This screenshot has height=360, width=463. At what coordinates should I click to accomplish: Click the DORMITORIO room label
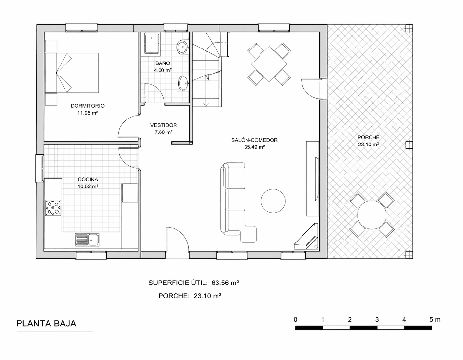pyautogui.click(x=87, y=106)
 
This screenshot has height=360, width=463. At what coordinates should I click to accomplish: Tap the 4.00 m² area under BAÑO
pyautogui.click(x=162, y=70)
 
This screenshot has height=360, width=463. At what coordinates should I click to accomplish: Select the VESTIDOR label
pyautogui.click(x=163, y=125)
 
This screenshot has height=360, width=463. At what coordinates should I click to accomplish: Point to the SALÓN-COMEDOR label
pyautogui.click(x=254, y=140)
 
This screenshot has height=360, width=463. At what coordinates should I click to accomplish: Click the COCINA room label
pyautogui.click(x=88, y=179)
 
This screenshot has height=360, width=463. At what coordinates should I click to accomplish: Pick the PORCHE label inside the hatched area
pyautogui.click(x=368, y=137)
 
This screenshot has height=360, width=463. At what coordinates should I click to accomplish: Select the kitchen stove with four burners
pyautogui.click(x=53, y=208)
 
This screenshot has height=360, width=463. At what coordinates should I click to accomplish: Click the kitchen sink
pyautogui.click(x=87, y=240)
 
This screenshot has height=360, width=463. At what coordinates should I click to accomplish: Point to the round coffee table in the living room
pyautogui.click(x=273, y=201)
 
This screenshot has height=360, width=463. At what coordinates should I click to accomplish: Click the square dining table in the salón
pyautogui.click(x=269, y=64)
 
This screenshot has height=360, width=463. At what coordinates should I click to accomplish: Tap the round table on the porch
pyautogui.click(x=372, y=215)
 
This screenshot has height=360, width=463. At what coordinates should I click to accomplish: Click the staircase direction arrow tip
pyautogui.click(x=206, y=105)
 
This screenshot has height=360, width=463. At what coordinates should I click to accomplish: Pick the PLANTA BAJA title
pyautogui.click(x=46, y=324)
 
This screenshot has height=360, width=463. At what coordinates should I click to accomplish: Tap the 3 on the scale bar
pyautogui.click(x=377, y=319)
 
